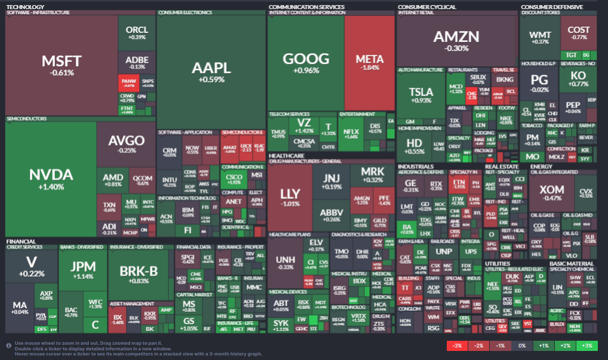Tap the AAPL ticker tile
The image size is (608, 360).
(x=211, y=71)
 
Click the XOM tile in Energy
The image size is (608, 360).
(x=551, y=192)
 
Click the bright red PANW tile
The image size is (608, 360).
(x=128, y=83)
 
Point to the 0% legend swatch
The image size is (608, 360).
(x=522, y=346)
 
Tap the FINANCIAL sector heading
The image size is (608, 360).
(x=21, y=242)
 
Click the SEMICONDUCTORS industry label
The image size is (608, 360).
(x=26, y=119)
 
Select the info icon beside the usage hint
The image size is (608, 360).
(x=8, y=345)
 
